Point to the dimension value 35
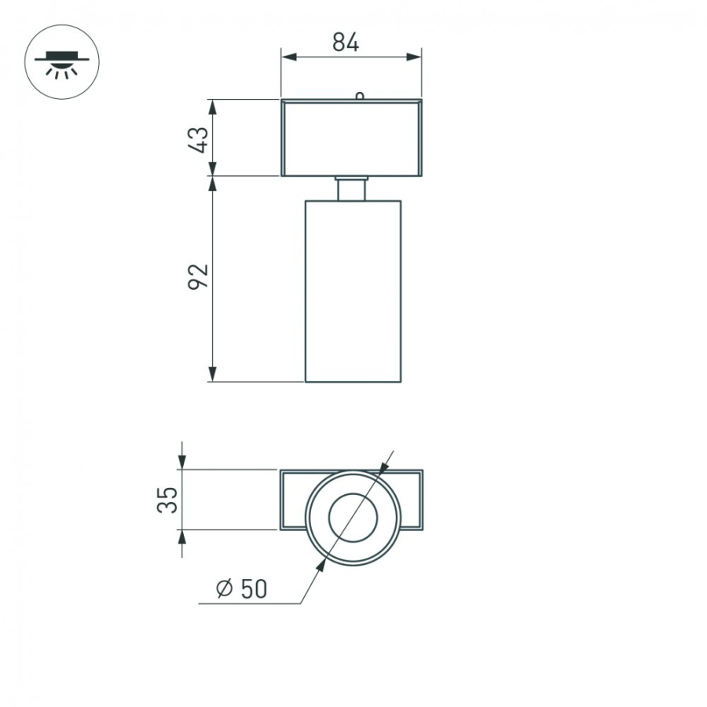coord(167,500)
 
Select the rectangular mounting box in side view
coord(351,137)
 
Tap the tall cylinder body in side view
coord(353,291)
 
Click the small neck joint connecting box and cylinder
coord(352,189)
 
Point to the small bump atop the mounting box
coord(359,97)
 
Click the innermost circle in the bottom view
coord(352,519)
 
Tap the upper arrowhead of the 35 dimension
coord(182,463)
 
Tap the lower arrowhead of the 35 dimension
coord(182,537)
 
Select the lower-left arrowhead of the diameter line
coord(321,566)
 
